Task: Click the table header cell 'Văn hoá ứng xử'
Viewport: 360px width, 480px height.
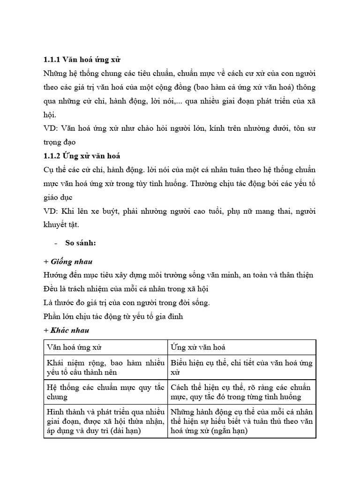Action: [x=75, y=347]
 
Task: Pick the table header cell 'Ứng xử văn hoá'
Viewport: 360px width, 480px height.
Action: [x=198, y=347]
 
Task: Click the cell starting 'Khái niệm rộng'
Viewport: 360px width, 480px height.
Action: [x=106, y=367]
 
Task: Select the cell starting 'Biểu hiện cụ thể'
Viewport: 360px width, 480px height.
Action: [x=241, y=367]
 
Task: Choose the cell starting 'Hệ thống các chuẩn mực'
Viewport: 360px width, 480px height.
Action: [x=106, y=392]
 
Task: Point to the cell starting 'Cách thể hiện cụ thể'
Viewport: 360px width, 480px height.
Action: [x=241, y=392]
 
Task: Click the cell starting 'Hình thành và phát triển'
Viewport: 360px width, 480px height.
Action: [x=106, y=421]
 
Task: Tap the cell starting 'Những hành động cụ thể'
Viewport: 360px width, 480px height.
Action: [x=241, y=421]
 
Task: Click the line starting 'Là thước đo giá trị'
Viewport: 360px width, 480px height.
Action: [x=127, y=302]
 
